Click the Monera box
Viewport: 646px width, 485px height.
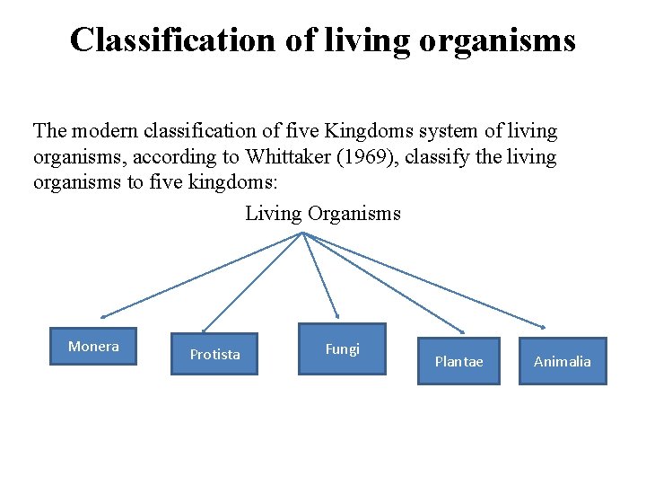pos(93,346)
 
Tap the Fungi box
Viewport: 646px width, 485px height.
pos(342,348)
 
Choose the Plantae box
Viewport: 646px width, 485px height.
pos(458,361)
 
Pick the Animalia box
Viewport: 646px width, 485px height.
pos(563,361)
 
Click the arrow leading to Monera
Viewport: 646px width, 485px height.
pos(203,275)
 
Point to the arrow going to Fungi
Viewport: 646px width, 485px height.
pos(320,275)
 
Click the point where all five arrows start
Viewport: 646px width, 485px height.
pos(304,234)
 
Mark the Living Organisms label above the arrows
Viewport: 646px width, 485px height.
pos(323,214)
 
